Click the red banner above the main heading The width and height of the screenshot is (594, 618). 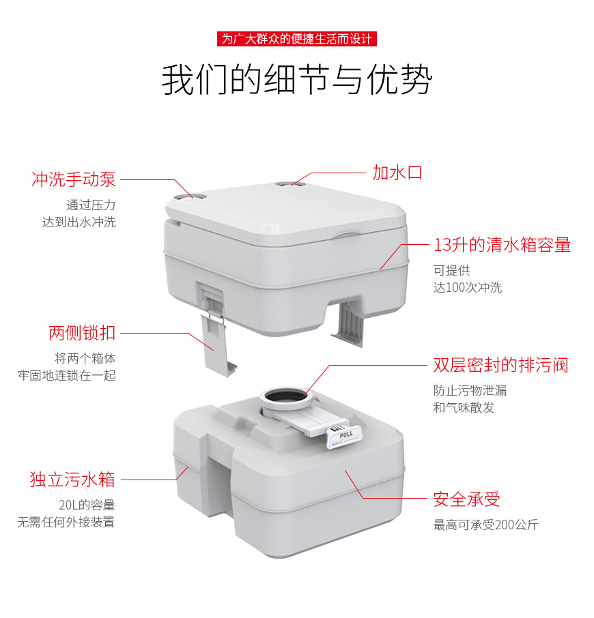297,39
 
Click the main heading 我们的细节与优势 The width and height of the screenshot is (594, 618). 297,80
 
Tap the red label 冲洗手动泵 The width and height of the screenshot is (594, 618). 74,179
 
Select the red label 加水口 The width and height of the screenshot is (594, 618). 397,172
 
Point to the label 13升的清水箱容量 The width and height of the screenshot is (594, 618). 502,245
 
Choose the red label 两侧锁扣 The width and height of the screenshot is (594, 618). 82,334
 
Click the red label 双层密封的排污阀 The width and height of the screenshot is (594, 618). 500,365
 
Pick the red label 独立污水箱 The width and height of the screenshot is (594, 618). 72,480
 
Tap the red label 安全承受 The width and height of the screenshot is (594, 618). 467,499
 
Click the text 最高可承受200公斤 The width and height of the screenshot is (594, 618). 486,525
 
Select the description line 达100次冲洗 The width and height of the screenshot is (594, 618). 468,287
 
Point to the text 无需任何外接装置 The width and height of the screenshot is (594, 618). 66,523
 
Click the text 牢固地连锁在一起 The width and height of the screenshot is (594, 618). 67,375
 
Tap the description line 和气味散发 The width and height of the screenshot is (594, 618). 464,407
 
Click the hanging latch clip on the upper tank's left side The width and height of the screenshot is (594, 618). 216,341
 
